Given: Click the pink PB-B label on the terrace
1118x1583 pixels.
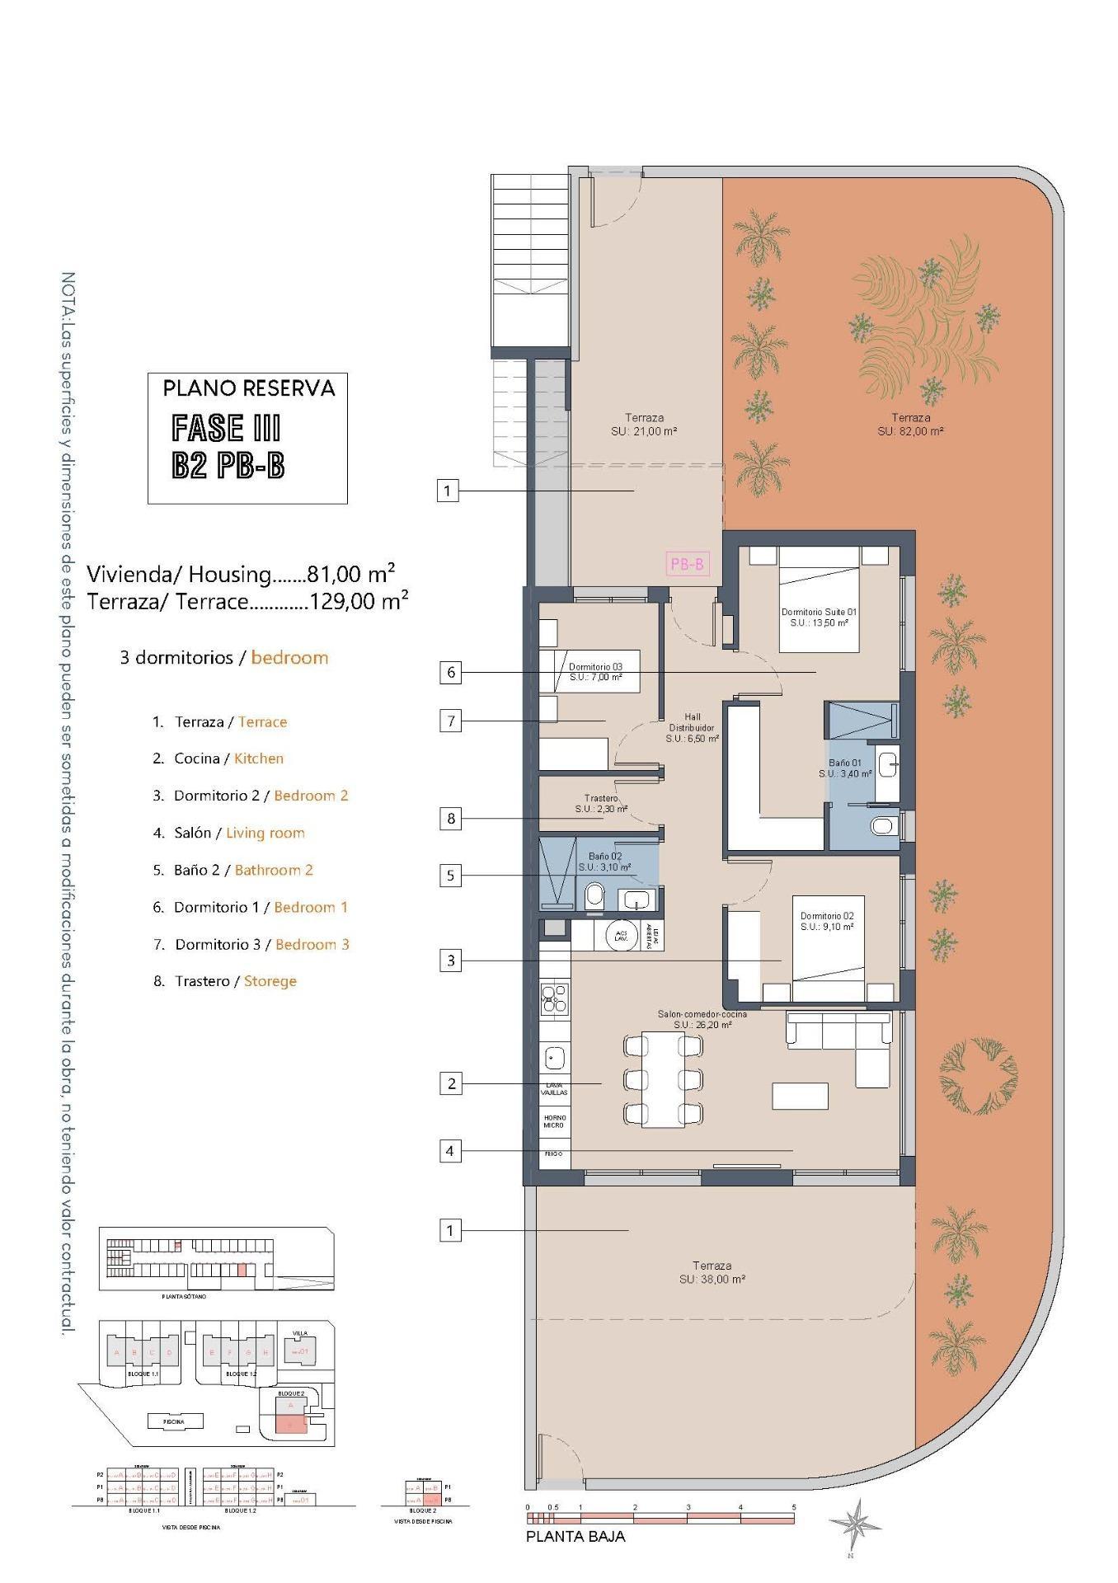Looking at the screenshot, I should pos(687,564).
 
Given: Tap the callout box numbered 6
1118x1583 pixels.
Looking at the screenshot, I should pos(451,672).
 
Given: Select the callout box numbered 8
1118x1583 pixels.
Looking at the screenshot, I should pos(451,819).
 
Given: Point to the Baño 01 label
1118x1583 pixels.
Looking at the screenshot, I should pos(845,768).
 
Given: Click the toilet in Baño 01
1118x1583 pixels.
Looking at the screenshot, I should pos(883,825).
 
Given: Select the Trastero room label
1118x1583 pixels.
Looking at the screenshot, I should pos(601,804).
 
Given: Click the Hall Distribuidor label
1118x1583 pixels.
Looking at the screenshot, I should pos(691,728).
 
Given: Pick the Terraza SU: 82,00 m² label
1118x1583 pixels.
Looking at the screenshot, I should pos(910,425).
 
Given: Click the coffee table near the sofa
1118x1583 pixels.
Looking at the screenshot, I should pos(800,1096).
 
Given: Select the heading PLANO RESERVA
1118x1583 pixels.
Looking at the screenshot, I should pos(248,388).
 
